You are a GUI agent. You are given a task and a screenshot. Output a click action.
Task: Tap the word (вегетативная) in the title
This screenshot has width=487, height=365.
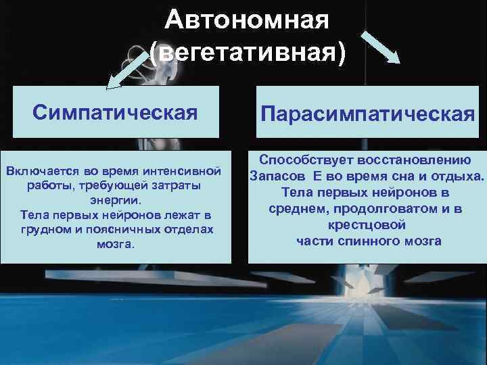(248, 53)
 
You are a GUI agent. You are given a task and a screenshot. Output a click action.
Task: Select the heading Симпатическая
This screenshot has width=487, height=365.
(116, 112)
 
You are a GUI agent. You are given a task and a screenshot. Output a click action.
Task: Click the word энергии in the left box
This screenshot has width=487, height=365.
(115, 201)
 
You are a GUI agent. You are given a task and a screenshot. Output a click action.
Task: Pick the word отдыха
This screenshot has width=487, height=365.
(460, 176)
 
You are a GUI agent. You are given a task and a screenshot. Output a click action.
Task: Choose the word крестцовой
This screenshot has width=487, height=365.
(366, 225)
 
